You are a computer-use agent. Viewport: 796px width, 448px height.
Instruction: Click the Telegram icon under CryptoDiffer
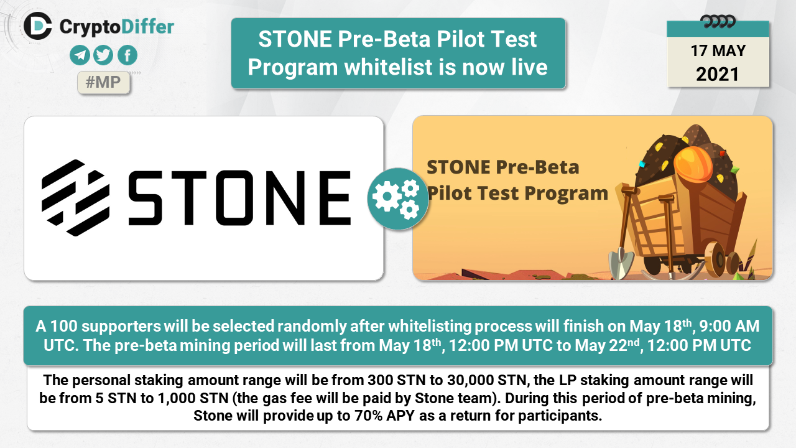[80, 55]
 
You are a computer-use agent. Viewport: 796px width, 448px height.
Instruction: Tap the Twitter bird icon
[103, 55]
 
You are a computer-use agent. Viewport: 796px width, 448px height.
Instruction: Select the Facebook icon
[127, 55]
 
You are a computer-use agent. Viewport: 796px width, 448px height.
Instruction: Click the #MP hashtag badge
[103, 83]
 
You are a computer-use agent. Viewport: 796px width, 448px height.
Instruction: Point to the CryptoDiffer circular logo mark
[38, 26]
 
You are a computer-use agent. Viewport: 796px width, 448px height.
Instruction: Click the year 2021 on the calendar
[718, 74]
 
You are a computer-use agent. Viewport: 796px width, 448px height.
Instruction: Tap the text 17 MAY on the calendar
[718, 51]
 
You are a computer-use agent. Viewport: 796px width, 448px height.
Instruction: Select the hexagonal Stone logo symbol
[75, 198]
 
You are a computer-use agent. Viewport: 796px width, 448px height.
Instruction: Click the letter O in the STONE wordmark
[235, 198]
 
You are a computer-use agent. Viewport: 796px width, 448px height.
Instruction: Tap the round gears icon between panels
[398, 198]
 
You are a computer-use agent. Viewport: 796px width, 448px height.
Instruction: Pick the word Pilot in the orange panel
[449, 193]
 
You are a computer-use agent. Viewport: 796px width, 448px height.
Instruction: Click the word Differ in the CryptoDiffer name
[147, 27]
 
